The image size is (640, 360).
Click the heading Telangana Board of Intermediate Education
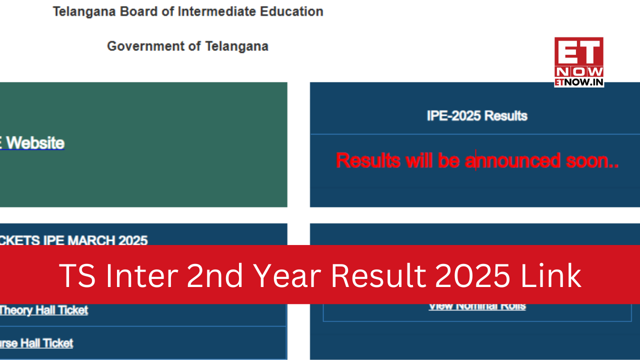click(x=188, y=11)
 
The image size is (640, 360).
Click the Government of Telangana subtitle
click(x=187, y=46)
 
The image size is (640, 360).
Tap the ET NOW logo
click(x=578, y=57)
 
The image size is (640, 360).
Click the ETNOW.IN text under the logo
click(x=578, y=82)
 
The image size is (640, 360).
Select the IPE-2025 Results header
click(x=477, y=116)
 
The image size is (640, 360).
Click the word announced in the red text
click(x=512, y=160)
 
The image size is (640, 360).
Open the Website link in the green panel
click(x=35, y=143)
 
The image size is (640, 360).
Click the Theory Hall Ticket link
click(x=43, y=310)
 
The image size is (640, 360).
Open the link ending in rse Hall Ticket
click(x=36, y=343)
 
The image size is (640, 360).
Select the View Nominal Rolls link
click(x=477, y=306)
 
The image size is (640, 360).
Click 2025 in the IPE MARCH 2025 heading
click(x=132, y=240)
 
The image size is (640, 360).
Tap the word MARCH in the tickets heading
click(x=90, y=240)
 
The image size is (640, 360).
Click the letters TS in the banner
click(x=77, y=275)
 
